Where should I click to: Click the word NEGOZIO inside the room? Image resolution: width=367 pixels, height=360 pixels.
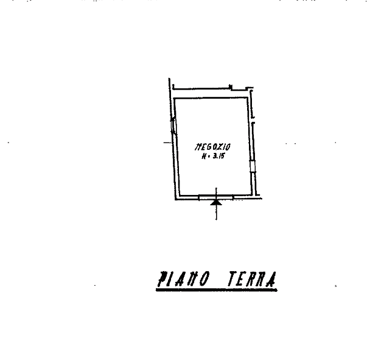tap(212, 147)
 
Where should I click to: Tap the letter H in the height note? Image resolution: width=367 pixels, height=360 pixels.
tap(204, 156)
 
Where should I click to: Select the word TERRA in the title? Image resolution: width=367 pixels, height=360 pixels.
tap(252, 280)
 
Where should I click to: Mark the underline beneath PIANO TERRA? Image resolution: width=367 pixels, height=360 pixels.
tap(216, 291)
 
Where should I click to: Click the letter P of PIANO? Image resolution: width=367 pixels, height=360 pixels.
tap(162, 280)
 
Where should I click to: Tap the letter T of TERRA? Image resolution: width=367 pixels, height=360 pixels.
tap(232, 280)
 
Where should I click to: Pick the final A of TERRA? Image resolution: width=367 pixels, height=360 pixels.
tap(271, 280)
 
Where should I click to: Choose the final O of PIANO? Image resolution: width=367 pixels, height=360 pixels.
tap(205, 280)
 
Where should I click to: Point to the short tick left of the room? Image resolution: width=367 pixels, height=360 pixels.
tap(166, 143)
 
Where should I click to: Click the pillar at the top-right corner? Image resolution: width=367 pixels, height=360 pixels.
tap(250, 91)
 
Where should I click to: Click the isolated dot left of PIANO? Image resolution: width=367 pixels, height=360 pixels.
tap(95, 284)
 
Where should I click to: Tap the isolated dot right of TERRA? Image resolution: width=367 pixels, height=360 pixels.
tap(336, 285)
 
